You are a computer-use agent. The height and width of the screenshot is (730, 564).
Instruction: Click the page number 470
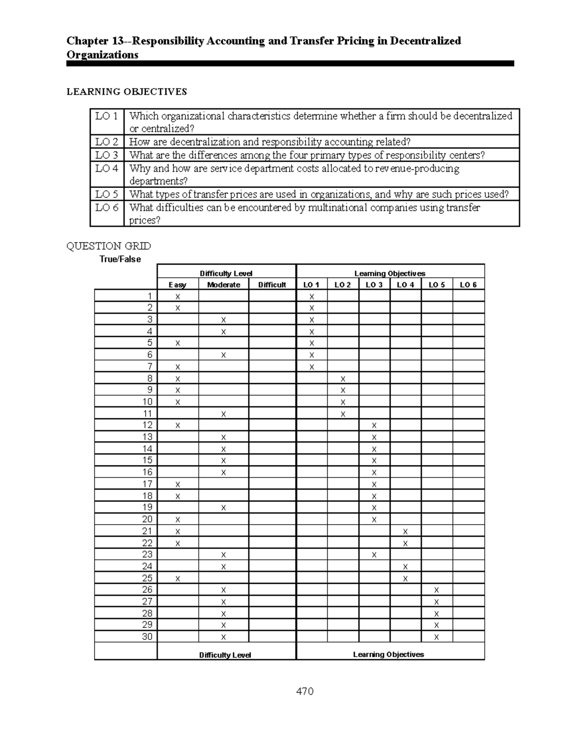305,691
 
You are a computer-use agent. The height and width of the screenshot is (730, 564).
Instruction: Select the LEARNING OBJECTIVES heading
126,92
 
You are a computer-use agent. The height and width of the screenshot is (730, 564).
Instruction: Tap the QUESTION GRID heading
109,246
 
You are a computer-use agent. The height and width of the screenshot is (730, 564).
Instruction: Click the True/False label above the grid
120,259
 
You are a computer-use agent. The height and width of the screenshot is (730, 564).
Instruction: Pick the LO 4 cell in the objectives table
107,169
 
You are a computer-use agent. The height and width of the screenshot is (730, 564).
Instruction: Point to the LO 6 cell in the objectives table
107,208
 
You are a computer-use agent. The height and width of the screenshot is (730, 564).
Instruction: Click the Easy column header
177,285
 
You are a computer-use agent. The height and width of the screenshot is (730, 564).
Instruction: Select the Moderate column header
223,285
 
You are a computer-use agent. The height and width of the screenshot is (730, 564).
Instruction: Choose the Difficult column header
272,285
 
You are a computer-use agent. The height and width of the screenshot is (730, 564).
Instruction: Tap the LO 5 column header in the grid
437,285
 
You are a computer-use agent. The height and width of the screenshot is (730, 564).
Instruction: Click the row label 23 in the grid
147,555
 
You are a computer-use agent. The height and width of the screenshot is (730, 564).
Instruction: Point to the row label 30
147,637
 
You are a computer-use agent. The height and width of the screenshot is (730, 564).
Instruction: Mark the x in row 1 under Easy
178,297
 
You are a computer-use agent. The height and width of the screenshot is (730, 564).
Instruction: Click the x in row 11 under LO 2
343,414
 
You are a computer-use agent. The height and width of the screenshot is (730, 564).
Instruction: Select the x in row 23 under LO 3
374,555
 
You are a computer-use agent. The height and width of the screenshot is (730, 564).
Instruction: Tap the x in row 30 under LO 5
437,637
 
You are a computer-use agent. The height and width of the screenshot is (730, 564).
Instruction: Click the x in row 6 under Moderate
223,355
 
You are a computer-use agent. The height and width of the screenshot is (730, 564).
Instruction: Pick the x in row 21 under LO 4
405,532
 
